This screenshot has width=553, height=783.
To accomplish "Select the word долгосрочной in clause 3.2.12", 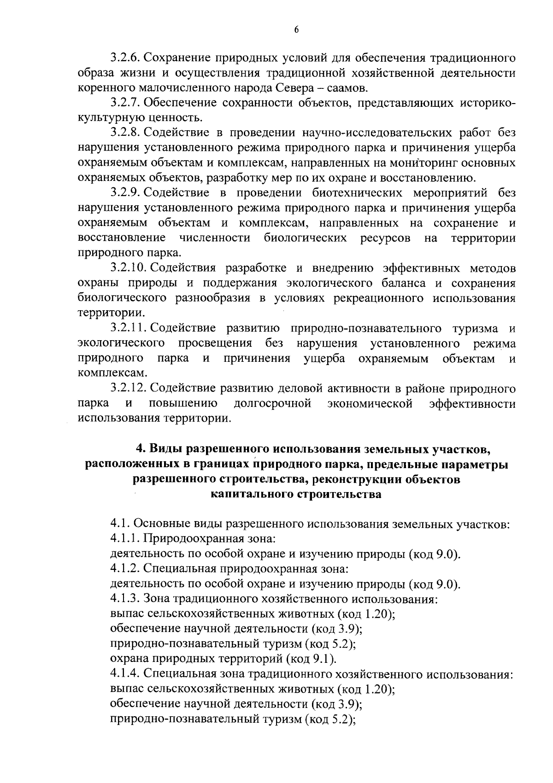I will click(x=273, y=404).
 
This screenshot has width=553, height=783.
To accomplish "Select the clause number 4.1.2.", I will click(x=126, y=569).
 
